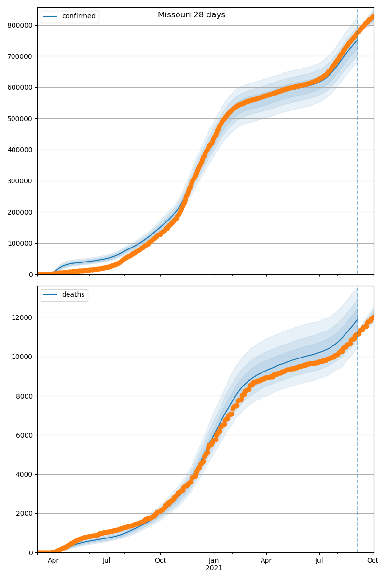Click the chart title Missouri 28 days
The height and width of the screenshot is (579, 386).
(x=191, y=15)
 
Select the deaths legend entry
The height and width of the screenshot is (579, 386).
(x=73, y=295)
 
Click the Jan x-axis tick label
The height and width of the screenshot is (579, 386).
(x=214, y=561)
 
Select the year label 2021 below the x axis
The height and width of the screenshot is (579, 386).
(x=214, y=568)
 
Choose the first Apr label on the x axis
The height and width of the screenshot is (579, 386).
(x=54, y=561)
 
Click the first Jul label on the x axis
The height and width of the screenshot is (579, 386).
(x=107, y=561)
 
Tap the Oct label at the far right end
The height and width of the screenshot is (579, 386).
(x=372, y=561)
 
